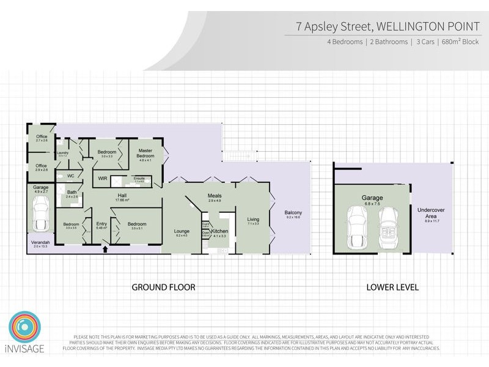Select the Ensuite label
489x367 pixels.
[x=139, y=179]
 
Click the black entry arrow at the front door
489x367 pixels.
[x=105, y=248]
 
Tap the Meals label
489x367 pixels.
[x=213, y=196]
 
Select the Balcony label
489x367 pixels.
[x=293, y=213]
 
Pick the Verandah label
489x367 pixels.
[x=34, y=243]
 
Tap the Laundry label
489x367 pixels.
[x=62, y=153]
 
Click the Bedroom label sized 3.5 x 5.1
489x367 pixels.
[x=137, y=224]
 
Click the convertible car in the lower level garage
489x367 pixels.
[x=389, y=228]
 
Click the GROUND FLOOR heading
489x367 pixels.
[x=164, y=286]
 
